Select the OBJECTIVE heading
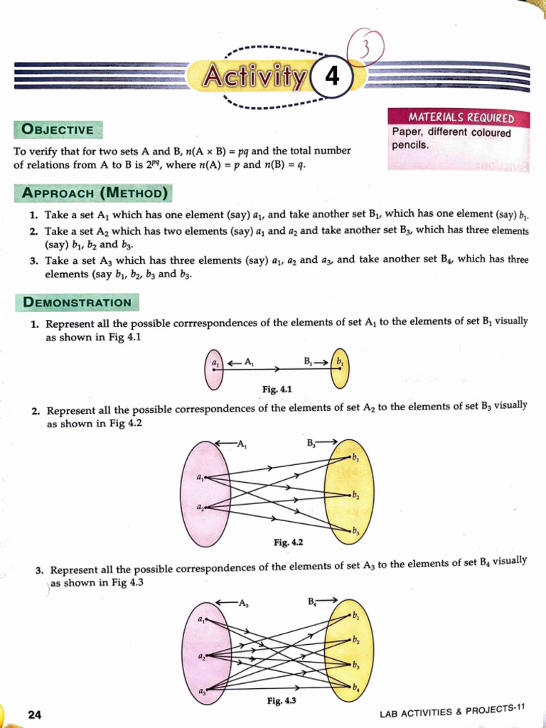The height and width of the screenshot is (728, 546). tap(58, 129)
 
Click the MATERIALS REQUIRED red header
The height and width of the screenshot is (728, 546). tap(460, 118)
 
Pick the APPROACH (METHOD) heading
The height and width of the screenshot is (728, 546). tap(95, 193)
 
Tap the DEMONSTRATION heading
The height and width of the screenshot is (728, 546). tap(77, 302)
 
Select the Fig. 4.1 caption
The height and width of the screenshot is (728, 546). tap(277, 389)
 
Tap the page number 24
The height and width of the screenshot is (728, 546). tap(34, 714)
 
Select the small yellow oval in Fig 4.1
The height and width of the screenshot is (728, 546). tap(341, 367)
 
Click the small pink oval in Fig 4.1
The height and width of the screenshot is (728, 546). tap(213, 368)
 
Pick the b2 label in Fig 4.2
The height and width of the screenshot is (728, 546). tap(355, 495)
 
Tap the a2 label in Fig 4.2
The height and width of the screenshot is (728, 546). tap(200, 507)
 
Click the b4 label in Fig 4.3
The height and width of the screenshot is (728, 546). tap(356, 687)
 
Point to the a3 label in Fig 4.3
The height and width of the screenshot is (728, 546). tap(202, 691)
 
